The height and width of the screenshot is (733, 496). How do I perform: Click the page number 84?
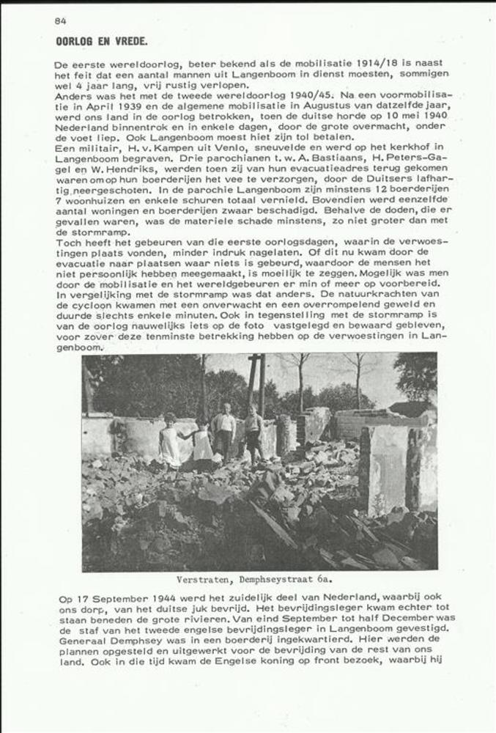(x=60, y=21)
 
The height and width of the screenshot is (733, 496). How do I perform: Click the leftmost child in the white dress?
(x=171, y=440)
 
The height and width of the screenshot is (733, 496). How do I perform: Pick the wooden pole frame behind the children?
(x=256, y=381)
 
